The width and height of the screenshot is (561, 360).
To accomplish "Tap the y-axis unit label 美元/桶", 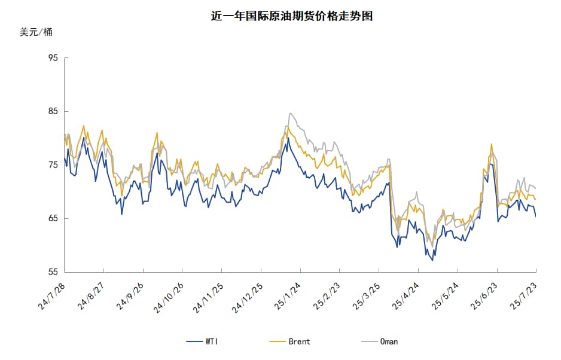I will (x=36, y=32).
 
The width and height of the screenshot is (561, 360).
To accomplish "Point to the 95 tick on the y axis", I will (x=53, y=58).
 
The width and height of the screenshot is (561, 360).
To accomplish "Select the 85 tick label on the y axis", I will (x=53, y=111).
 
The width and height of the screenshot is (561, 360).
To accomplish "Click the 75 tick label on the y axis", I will (x=53, y=165).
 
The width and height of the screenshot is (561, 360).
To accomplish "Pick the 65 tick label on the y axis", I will (x=53, y=218).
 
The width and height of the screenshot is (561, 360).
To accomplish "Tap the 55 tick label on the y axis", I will (x=53, y=272).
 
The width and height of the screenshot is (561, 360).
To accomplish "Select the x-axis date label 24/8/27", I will (x=91, y=297).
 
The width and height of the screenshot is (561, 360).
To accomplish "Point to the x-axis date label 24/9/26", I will (x=130, y=297).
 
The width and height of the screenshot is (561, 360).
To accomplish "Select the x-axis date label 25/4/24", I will (x=404, y=297).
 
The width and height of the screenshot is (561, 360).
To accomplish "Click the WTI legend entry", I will (x=203, y=341).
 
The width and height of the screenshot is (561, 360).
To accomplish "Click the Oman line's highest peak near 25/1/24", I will (x=290, y=113).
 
